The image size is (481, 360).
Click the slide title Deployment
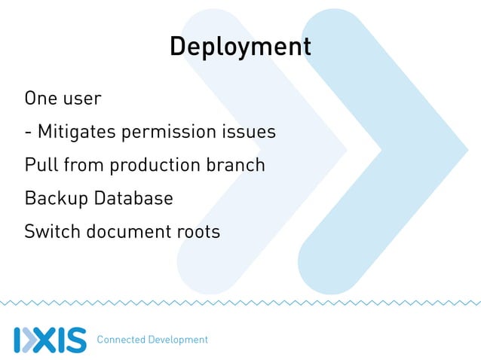240,47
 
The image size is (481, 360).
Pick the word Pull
38,165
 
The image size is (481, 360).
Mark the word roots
197,232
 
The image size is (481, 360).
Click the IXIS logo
50,339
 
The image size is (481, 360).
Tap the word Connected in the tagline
121,340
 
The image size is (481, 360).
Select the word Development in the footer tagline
177,340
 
